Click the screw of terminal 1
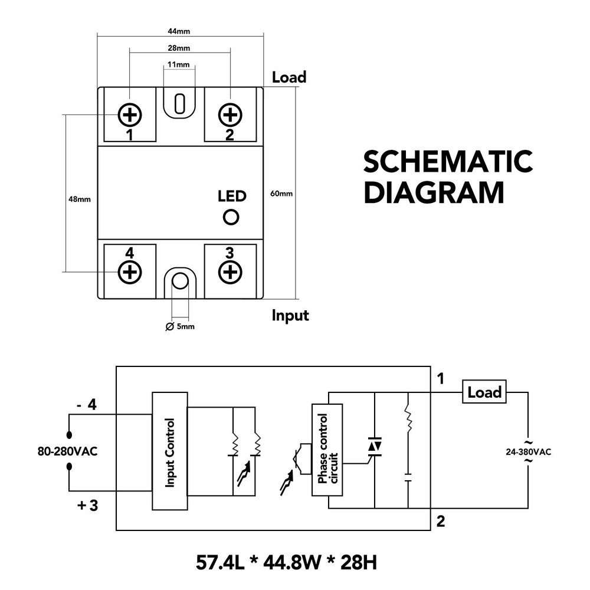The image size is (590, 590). coord(130,114)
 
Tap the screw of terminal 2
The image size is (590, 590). coord(230,114)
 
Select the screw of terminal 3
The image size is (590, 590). coord(230,272)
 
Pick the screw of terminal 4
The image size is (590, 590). coord(130,272)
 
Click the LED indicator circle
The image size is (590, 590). coord(231,217)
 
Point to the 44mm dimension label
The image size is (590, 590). coord(179,31)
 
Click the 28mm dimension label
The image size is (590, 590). coord(179,48)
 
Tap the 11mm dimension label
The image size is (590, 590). coord(178,64)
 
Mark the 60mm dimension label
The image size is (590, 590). coord(281,194)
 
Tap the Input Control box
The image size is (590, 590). coord(169,451)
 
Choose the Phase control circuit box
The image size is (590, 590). coord(327,451)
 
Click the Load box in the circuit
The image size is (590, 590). coord(484,392)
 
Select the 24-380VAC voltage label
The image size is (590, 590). coord(528,453)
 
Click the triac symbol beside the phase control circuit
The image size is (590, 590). coord(374,447)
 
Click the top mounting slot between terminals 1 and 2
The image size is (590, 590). coord(180,103)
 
